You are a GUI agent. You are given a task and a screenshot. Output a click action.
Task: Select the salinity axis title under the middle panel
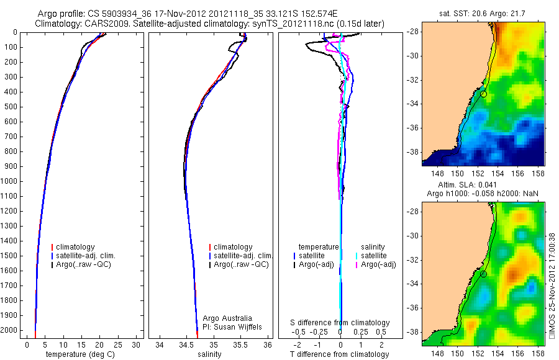click(x=208, y=354)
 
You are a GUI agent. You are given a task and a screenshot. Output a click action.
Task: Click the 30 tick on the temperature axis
click(x=136, y=344)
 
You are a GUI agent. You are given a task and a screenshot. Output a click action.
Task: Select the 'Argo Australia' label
click(x=228, y=318)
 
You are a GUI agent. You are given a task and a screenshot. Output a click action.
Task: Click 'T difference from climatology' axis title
click(x=340, y=354)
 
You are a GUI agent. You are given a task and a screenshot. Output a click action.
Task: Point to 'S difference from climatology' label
click(x=340, y=323)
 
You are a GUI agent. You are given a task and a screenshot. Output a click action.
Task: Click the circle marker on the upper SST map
click(x=483, y=94)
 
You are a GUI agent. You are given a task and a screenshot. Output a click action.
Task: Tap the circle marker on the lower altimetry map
click(x=483, y=274)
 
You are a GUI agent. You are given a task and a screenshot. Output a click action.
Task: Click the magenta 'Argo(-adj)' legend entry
click(x=378, y=264)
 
